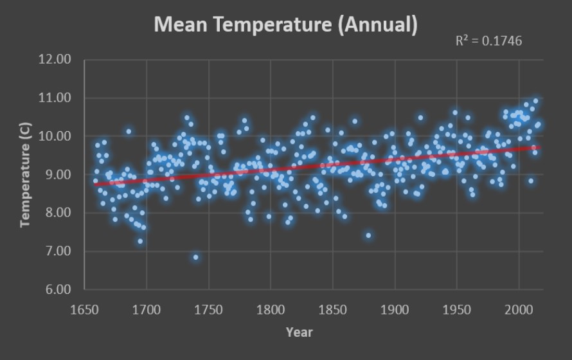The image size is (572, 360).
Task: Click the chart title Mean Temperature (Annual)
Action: pos(286,25)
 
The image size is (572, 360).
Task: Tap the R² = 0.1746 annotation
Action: pos(488,40)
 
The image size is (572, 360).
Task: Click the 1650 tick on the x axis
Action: pos(84,309)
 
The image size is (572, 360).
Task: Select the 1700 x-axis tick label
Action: pos(147,309)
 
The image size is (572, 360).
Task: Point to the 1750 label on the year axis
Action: pos(208,309)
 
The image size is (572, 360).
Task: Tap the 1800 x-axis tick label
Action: pos(271,309)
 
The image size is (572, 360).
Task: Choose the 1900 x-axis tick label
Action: pos(395,309)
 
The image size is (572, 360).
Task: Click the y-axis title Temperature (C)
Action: pos(26,174)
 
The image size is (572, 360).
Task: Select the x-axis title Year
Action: pos(299,332)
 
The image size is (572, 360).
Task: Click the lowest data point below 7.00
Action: pos(196,257)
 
